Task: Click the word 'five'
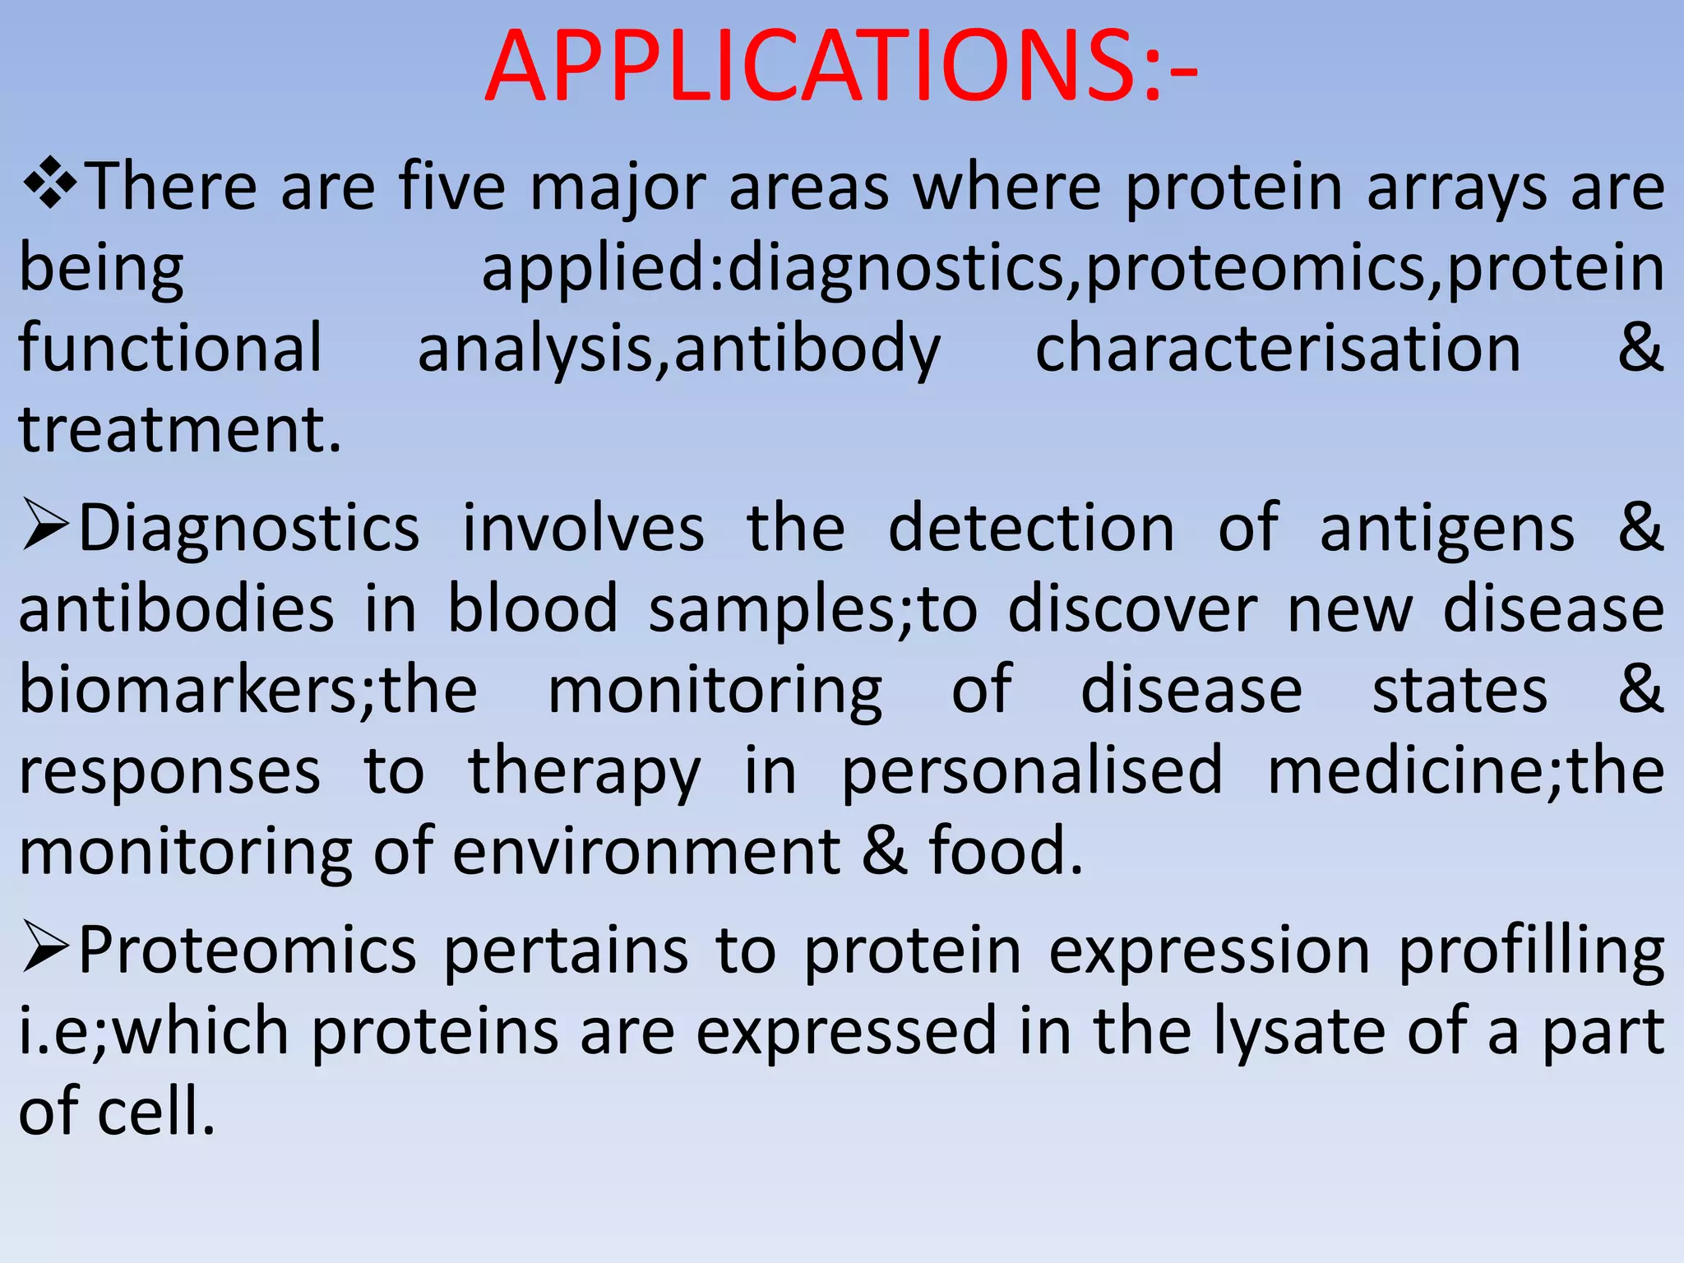[x=452, y=187]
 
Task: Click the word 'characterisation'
[x=1277, y=349]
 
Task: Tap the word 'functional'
[x=170, y=349]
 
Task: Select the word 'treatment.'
[x=179, y=430]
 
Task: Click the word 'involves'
[x=583, y=528]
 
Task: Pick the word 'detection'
[x=1031, y=528]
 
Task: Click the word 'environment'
[x=646, y=852]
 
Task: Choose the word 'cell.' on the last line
[x=156, y=1112]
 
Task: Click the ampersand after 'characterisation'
[x=1640, y=349]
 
